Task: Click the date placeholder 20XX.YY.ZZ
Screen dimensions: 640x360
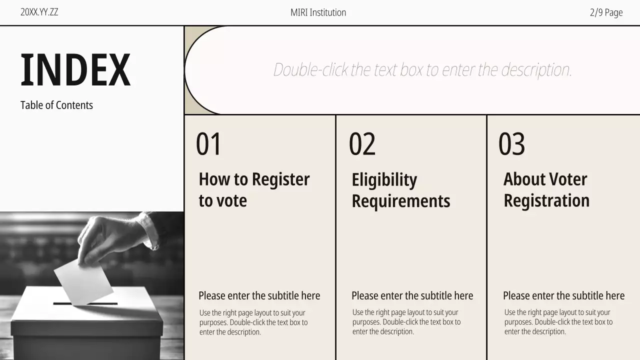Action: pos(39,12)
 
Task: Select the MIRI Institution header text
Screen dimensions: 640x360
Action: pos(318,12)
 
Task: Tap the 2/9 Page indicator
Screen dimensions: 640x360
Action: pos(606,12)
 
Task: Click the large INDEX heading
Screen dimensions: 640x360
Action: pos(75,69)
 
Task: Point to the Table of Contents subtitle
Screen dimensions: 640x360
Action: pos(56,105)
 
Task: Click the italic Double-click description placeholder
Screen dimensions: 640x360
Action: pos(422,69)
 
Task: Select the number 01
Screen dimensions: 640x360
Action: pos(208,143)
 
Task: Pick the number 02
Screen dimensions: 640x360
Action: pos(362,143)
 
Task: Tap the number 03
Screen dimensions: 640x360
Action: pos(511,143)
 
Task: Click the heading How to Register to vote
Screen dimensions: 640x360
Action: pos(254,189)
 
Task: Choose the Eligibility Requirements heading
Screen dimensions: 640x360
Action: pos(401,190)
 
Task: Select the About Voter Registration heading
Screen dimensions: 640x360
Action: pos(546,189)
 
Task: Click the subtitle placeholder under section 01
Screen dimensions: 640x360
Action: pos(259,295)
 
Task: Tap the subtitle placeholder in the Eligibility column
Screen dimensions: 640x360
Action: pos(412,295)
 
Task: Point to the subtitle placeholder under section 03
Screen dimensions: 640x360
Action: pos(563,295)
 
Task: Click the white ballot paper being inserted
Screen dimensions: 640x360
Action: pos(83,282)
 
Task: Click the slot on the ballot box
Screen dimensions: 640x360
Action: pos(85,303)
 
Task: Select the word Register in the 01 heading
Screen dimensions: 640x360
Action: pos(281,179)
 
